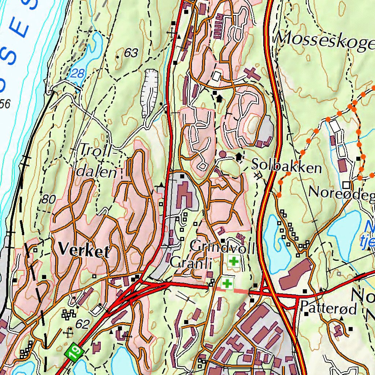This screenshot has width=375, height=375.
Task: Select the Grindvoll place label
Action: click(222, 246)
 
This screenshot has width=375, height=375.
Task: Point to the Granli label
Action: click(191, 262)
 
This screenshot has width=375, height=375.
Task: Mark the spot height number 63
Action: click(131, 53)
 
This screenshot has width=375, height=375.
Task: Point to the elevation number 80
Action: click(48, 200)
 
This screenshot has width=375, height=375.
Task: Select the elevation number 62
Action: click(82, 324)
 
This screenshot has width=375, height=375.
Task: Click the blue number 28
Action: click(77, 73)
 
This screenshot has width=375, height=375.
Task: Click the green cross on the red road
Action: click(227, 283)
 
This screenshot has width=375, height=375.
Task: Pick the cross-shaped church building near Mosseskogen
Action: click(252, 73)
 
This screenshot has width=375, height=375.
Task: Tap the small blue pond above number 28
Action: click(96, 48)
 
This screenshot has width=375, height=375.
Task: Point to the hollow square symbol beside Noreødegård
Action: click(346, 184)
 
